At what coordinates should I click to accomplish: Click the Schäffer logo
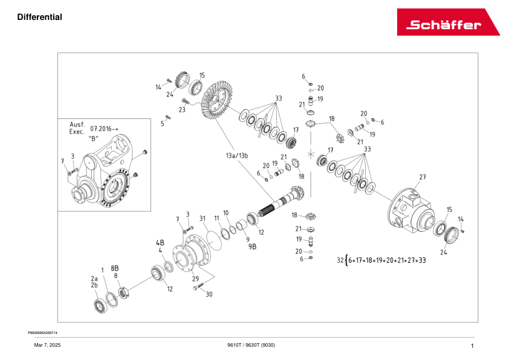tap(448, 22)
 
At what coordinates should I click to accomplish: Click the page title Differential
tap(40, 17)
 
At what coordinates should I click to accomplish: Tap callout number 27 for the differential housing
tap(423, 177)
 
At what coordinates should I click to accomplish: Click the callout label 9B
tap(253, 246)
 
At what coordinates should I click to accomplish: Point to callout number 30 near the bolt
tap(209, 295)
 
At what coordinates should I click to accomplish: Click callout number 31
tap(203, 218)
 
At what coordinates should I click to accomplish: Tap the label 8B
tap(114, 267)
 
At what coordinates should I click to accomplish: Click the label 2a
tap(94, 278)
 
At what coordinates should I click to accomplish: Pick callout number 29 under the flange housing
tap(195, 278)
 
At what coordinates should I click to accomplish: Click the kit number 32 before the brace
tap(340, 260)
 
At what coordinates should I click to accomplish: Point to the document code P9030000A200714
tap(44, 332)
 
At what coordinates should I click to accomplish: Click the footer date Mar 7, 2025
tap(47, 345)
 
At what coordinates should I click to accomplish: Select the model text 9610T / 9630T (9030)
tap(251, 345)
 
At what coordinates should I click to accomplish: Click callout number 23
tap(181, 110)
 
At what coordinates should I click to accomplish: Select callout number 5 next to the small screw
tap(162, 124)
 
